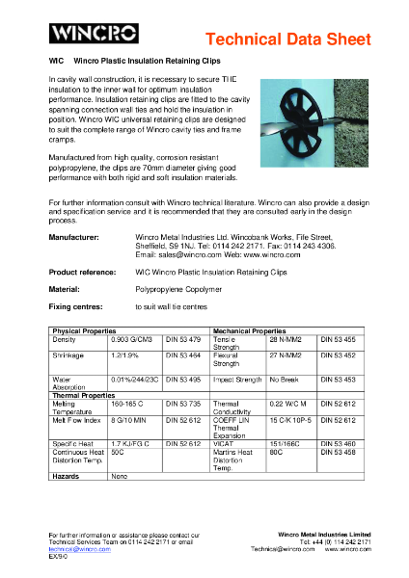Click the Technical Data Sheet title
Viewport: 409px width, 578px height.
[x=288, y=39]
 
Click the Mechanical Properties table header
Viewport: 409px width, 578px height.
[x=250, y=330]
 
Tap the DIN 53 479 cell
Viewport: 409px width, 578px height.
[x=182, y=339]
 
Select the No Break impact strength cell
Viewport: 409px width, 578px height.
[x=285, y=380]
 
